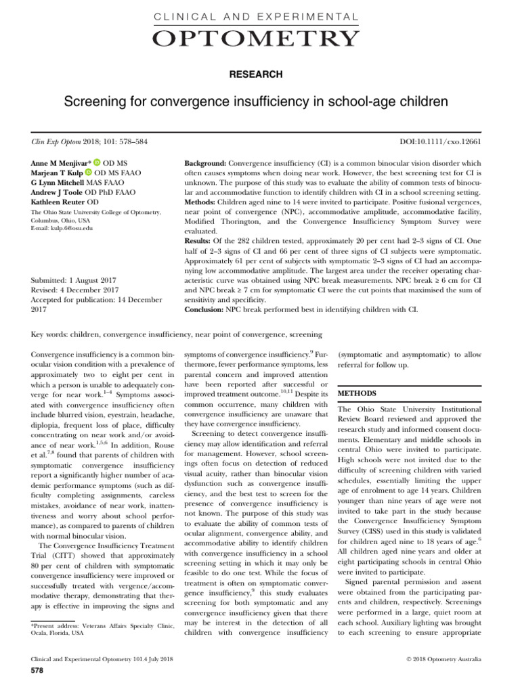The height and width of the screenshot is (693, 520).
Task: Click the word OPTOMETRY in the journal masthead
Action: pos(259,39)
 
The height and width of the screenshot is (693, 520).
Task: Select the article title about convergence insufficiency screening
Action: pos(260,103)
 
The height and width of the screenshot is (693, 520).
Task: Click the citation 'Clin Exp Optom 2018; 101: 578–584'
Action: pos(90,141)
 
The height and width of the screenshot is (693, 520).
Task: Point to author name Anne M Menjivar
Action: pos(61,163)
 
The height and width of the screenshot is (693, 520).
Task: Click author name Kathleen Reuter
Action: pos(60,202)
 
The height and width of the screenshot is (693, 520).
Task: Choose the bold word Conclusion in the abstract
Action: pos(207,309)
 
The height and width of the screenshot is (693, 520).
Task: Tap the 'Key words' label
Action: pos(54,335)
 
